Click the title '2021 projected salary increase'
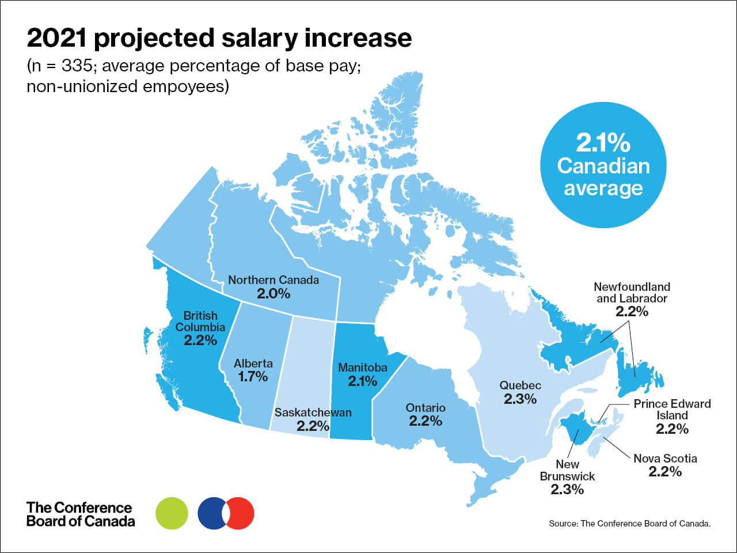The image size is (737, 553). coord(219,38)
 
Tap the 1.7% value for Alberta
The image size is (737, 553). coord(253,377)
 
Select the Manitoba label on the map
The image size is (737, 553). coord(363,368)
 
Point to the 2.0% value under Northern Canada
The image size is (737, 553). coord(273,294)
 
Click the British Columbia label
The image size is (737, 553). coord(200,321)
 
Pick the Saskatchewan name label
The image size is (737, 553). coord(313,412)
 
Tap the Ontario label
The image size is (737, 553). coord(426,408)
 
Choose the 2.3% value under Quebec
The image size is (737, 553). coord(521,399)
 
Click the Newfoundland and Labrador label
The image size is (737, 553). coord(632,293)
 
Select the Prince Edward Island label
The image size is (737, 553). coord(672,410)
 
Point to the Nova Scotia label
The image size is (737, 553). coord(665,459)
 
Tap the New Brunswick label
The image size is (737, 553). coord(567,470)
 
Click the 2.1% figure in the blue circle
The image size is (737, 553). coord(603,143)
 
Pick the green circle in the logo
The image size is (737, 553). coord(172,513)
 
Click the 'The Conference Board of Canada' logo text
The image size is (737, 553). coord(80,514)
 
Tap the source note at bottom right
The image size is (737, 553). coord(630,524)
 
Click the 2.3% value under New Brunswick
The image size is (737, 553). coord(567,490)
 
